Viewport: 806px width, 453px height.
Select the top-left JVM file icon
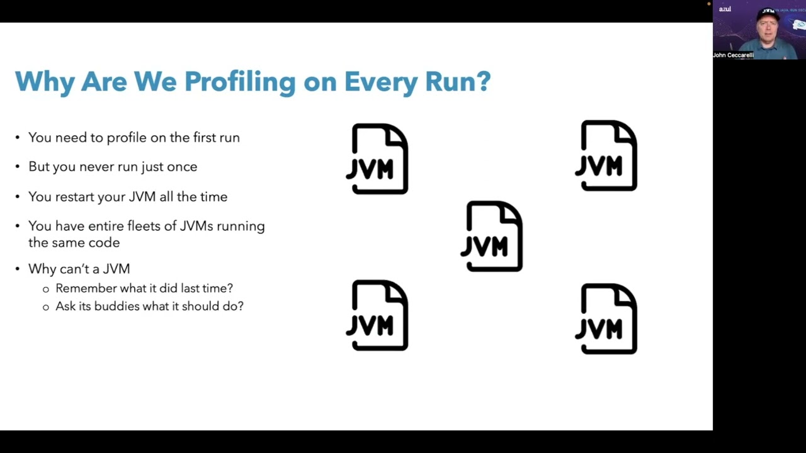pos(378,159)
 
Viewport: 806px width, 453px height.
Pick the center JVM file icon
pos(493,237)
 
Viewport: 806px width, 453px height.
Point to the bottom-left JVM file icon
pos(378,315)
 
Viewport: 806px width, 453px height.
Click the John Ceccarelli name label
pos(733,55)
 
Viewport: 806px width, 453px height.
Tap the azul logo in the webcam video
pos(725,9)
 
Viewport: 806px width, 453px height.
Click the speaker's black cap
pos(768,14)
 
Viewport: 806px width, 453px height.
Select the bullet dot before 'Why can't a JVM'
pos(18,269)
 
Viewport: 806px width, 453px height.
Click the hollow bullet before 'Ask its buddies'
pos(45,307)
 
